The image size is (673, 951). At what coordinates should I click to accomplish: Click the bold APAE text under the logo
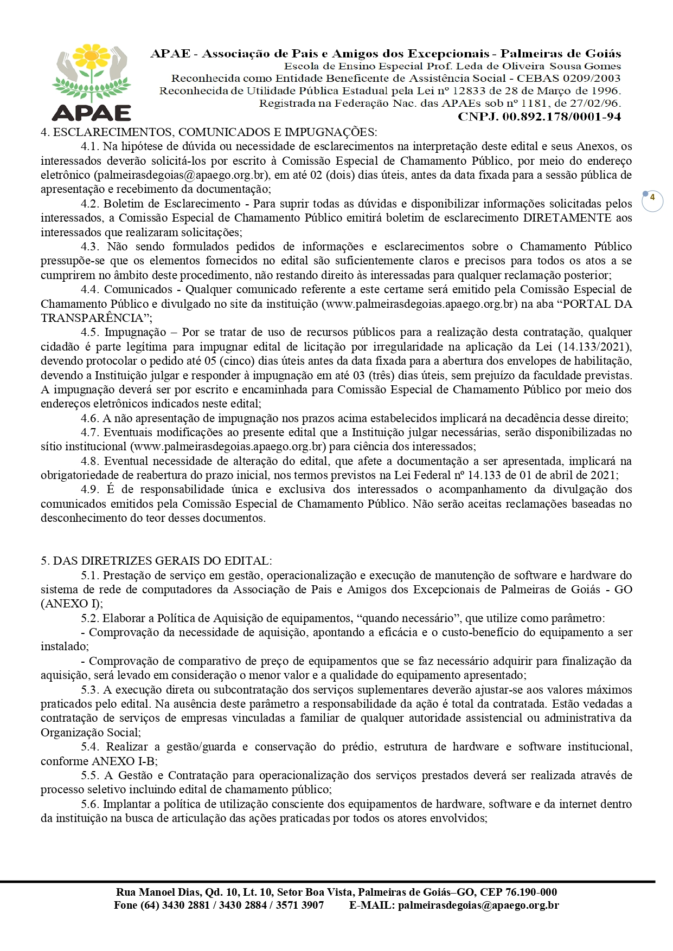(x=92, y=113)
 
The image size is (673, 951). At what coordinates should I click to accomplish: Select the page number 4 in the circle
(x=652, y=198)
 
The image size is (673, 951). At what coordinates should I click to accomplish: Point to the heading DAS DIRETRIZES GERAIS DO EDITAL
(x=162, y=561)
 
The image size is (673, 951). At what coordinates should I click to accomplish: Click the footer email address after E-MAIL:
(x=478, y=905)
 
